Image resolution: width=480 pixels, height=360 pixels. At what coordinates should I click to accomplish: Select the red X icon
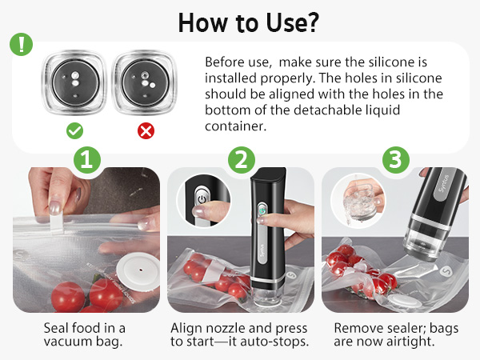[146, 130]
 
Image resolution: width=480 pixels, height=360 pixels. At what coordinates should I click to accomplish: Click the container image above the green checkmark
[73, 85]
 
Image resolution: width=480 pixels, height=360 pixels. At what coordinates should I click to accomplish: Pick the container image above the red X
[146, 85]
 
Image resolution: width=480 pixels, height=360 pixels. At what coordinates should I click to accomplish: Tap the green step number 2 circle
[240, 160]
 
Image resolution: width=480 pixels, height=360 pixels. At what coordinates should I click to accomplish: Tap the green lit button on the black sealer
[260, 210]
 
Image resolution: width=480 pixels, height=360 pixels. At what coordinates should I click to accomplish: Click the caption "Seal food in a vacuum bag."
[86, 335]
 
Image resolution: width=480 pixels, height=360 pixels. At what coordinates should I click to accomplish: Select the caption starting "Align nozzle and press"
[240, 335]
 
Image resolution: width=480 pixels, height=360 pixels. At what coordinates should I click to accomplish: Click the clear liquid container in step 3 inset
[356, 199]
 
